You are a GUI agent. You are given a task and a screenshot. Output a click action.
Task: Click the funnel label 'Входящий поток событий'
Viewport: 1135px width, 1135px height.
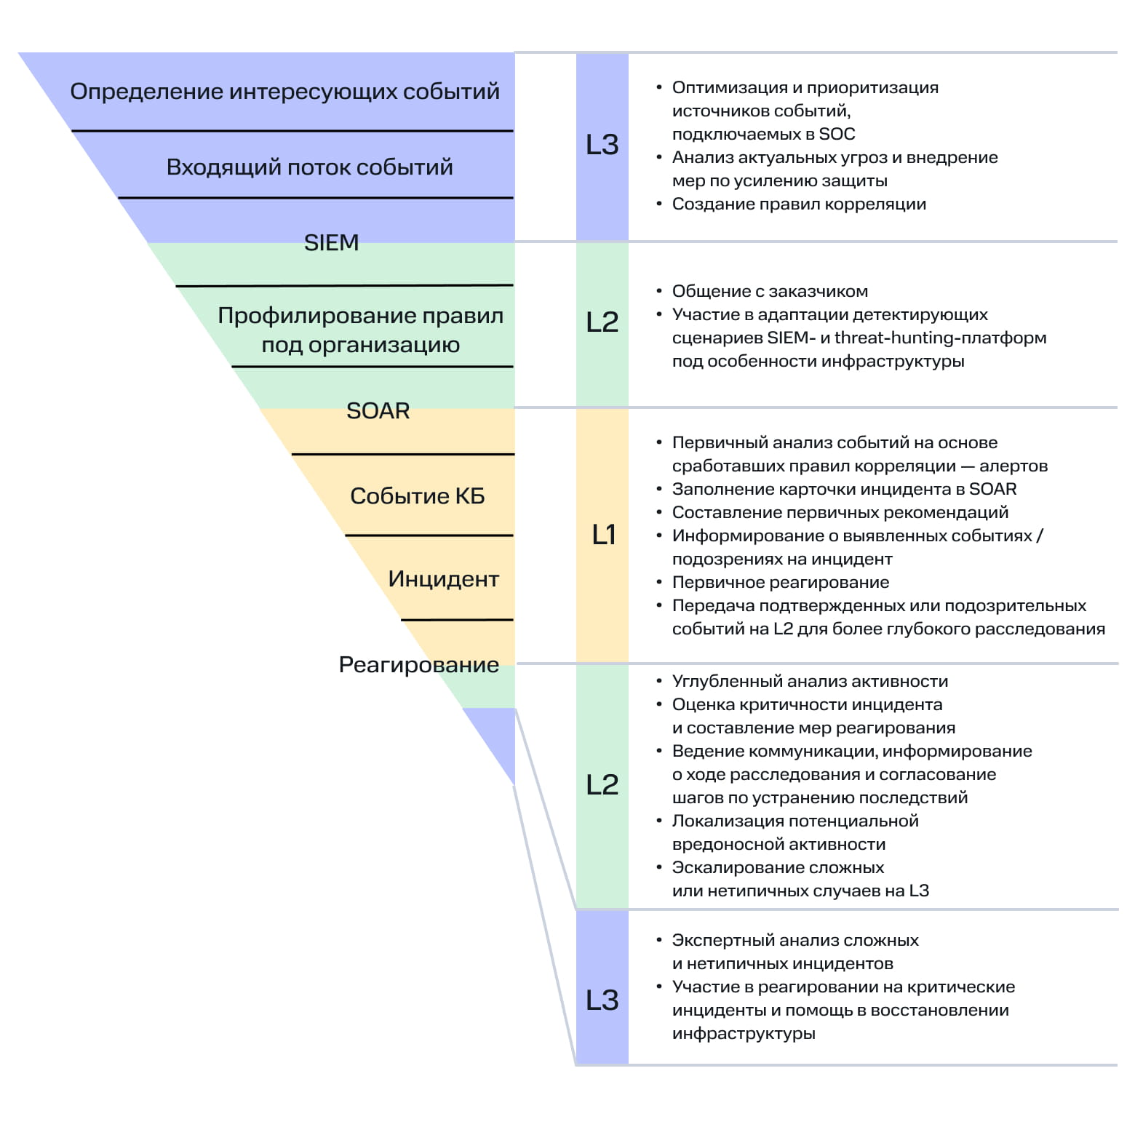coord(309,167)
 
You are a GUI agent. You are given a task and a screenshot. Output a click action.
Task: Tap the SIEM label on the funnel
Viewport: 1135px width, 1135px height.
coord(331,242)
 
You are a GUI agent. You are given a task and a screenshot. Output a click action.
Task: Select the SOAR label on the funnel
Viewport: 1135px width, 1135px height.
coord(378,411)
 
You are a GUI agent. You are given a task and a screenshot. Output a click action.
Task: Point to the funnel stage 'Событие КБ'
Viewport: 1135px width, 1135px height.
coord(417,496)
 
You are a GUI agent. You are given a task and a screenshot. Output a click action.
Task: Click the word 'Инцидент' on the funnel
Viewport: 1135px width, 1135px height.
coord(443,579)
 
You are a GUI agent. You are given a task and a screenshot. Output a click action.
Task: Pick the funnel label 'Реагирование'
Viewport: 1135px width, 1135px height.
coord(418,664)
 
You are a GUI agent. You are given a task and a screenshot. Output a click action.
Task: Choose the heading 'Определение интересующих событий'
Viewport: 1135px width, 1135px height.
coord(284,92)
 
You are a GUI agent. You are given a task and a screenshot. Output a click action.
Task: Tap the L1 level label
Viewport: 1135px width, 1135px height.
coord(603,535)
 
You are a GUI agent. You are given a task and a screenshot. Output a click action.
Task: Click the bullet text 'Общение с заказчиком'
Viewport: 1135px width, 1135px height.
coord(770,291)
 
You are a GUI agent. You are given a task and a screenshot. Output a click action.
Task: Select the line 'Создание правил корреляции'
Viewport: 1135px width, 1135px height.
coord(799,204)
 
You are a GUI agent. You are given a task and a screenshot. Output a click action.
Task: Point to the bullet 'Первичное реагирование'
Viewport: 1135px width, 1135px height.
coord(780,582)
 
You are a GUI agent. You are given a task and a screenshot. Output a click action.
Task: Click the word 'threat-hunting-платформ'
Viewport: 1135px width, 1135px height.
coord(940,338)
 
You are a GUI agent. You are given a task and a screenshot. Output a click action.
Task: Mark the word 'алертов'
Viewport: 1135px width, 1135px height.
coord(1013,466)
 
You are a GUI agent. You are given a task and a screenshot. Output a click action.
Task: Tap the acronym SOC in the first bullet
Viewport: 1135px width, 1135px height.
coord(837,134)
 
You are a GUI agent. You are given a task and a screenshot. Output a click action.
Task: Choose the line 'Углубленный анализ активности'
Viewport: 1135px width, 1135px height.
coord(810,681)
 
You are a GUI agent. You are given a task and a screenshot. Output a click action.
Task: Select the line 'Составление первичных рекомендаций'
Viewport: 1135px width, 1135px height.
coord(840,512)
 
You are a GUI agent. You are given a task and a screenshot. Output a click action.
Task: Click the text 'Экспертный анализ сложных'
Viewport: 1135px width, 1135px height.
coord(794,940)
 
